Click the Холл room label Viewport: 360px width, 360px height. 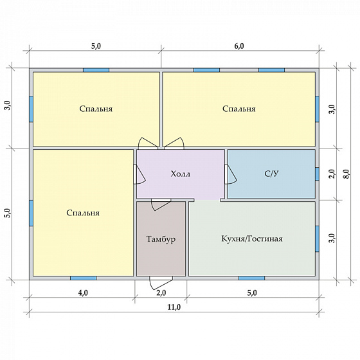point(181,174)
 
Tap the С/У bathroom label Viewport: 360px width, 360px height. point(271,174)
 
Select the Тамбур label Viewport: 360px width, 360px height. point(161,239)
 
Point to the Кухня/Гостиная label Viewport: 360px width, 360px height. point(252,239)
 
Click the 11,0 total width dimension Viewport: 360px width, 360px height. point(174,307)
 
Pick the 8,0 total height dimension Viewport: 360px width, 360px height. point(346,174)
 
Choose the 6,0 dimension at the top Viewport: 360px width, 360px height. point(239,46)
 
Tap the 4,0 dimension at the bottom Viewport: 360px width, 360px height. point(83,292)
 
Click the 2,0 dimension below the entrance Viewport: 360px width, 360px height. point(161,292)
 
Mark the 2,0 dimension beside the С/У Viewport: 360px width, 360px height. point(332,174)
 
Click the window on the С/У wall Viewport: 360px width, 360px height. point(317,174)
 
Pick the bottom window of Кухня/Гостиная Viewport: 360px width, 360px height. point(251,278)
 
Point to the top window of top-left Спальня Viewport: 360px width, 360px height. point(96,70)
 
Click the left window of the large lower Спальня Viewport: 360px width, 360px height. point(32,213)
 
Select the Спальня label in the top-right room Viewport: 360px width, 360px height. point(239,109)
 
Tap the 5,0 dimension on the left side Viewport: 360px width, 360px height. point(8,213)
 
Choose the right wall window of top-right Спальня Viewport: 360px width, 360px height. point(317,109)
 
